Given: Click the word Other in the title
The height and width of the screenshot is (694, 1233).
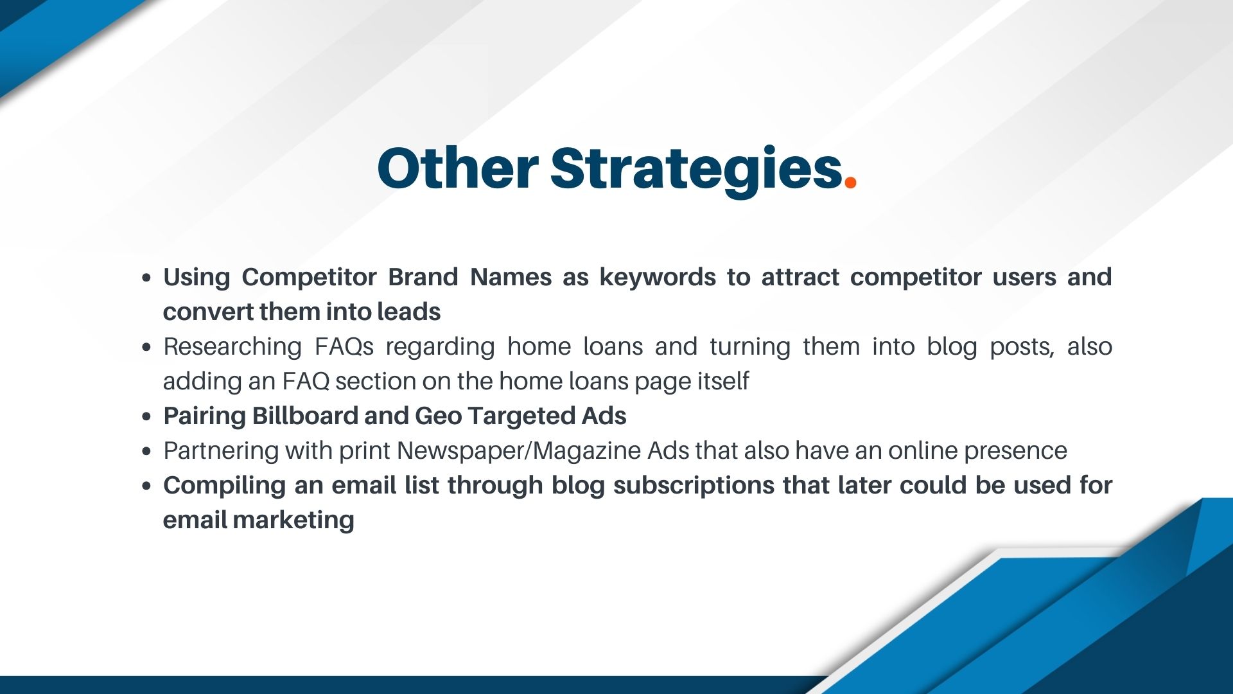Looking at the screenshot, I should coord(457,168).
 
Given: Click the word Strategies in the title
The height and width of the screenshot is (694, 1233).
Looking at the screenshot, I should coord(696,168).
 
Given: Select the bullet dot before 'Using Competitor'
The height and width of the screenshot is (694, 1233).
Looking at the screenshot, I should coord(147,278).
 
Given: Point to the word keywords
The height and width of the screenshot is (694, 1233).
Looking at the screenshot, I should coord(658,278).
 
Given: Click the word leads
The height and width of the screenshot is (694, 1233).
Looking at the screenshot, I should coord(408,312).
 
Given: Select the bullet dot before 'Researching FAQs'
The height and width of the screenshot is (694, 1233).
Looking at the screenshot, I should coord(147,348).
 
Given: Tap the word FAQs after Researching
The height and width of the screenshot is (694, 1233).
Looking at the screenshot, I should coord(344,347).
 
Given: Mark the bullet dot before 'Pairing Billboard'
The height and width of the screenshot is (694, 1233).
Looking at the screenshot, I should coord(147,417).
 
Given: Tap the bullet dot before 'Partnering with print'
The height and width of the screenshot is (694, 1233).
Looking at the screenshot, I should coord(147,452).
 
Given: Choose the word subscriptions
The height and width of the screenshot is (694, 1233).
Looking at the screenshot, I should coord(694,486).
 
